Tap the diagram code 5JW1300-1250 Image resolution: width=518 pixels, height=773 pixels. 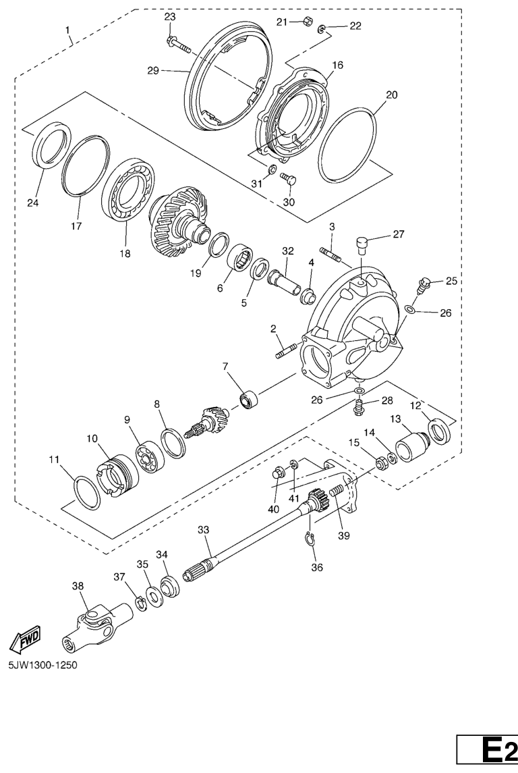pos(43,665)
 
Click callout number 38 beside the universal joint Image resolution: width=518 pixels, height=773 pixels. pos(78,586)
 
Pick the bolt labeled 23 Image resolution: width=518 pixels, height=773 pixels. pos(179,43)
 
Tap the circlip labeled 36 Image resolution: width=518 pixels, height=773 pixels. pos(308,540)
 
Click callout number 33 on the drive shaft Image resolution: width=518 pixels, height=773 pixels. pos(204,530)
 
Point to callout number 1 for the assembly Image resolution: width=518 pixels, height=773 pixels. pos(68,30)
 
